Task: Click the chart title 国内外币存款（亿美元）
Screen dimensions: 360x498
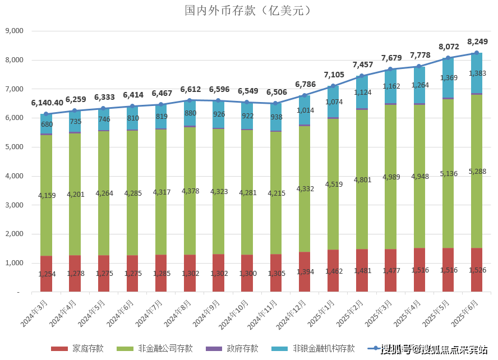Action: pyautogui.click(x=248, y=11)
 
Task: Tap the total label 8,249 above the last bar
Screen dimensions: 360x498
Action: pyautogui.click(x=477, y=41)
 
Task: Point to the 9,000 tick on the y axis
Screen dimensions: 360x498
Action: pyautogui.click(x=12, y=31)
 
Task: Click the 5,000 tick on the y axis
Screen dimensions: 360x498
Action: pyautogui.click(x=12, y=147)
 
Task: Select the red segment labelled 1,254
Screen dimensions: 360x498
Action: pyautogui.click(x=46, y=274)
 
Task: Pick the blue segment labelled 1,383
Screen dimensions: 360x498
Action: pyautogui.click(x=477, y=73)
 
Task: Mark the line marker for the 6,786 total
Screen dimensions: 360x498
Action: pyautogui.click(x=305, y=95)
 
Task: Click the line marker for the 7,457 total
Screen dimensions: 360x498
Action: pyautogui.click(x=362, y=76)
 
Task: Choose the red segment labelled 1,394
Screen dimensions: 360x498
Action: pyautogui.click(x=305, y=272)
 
